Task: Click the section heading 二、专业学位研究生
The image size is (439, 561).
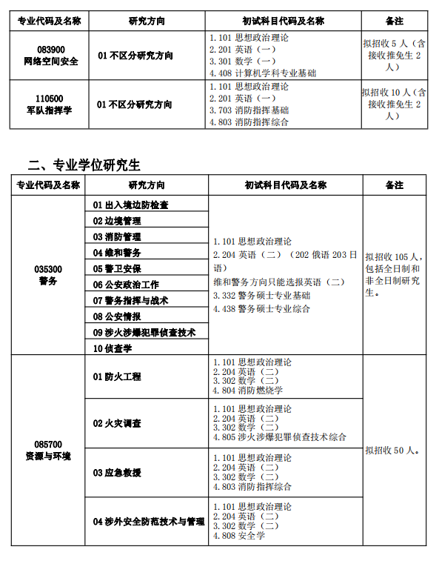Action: pos(84,165)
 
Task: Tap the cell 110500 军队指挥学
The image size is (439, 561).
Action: pos(50,104)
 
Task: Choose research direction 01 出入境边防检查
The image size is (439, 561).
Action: pos(131,205)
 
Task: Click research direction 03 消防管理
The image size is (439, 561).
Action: pos(117,237)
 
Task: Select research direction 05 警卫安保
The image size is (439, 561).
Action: pos(117,269)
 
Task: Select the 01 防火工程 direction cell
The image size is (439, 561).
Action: pos(117,376)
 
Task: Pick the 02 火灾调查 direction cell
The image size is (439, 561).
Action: pos(117,423)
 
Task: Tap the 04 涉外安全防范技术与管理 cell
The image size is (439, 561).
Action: pos(149,522)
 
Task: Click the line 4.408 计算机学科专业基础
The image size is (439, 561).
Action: pos(263,73)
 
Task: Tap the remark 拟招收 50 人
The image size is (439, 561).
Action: pos(393,451)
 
